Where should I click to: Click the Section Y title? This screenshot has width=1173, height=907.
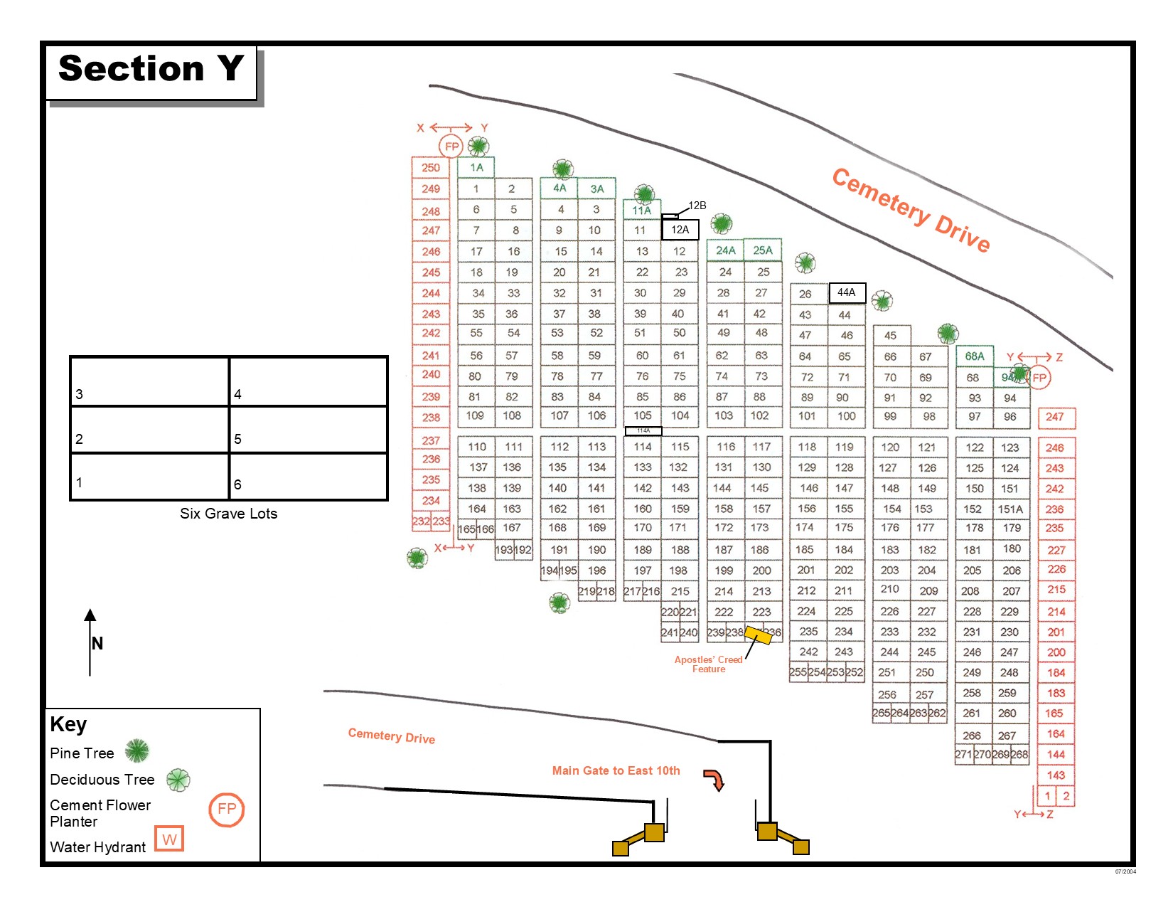click(x=151, y=69)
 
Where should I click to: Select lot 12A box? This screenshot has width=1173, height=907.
click(x=680, y=230)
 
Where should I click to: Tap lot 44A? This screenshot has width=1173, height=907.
click(x=846, y=292)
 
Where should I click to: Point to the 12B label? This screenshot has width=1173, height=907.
click(x=697, y=206)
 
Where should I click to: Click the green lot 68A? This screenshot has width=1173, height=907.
click(x=974, y=356)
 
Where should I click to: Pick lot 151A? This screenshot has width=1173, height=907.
click(x=1010, y=509)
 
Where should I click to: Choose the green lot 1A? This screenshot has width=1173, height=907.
click(x=476, y=168)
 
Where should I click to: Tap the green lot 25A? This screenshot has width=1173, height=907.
click(x=762, y=250)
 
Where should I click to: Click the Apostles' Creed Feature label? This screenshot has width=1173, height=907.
click(x=708, y=664)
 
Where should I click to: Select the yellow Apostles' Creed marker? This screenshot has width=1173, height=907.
click(x=758, y=635)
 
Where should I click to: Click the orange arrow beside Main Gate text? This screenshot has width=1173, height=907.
click(x=714, y=780)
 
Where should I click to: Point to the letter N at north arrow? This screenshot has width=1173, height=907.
click(x=97, y=644)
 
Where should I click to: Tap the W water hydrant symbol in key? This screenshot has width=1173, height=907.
click(x=169, y=839)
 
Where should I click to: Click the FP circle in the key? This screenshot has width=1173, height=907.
click(x=227, y=810)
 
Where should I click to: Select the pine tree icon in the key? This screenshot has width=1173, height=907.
click(x=137, y=751)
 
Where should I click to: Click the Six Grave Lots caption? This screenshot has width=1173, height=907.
click(x=228, y=514)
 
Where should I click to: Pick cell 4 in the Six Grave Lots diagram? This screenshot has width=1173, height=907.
click(x=309, y=382)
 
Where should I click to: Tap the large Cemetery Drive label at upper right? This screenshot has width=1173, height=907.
click(x=911, y=211)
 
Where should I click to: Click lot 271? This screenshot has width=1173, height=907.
click(x=963, y=755)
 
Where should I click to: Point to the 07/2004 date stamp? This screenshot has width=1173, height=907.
click(x=1125, y=871)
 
